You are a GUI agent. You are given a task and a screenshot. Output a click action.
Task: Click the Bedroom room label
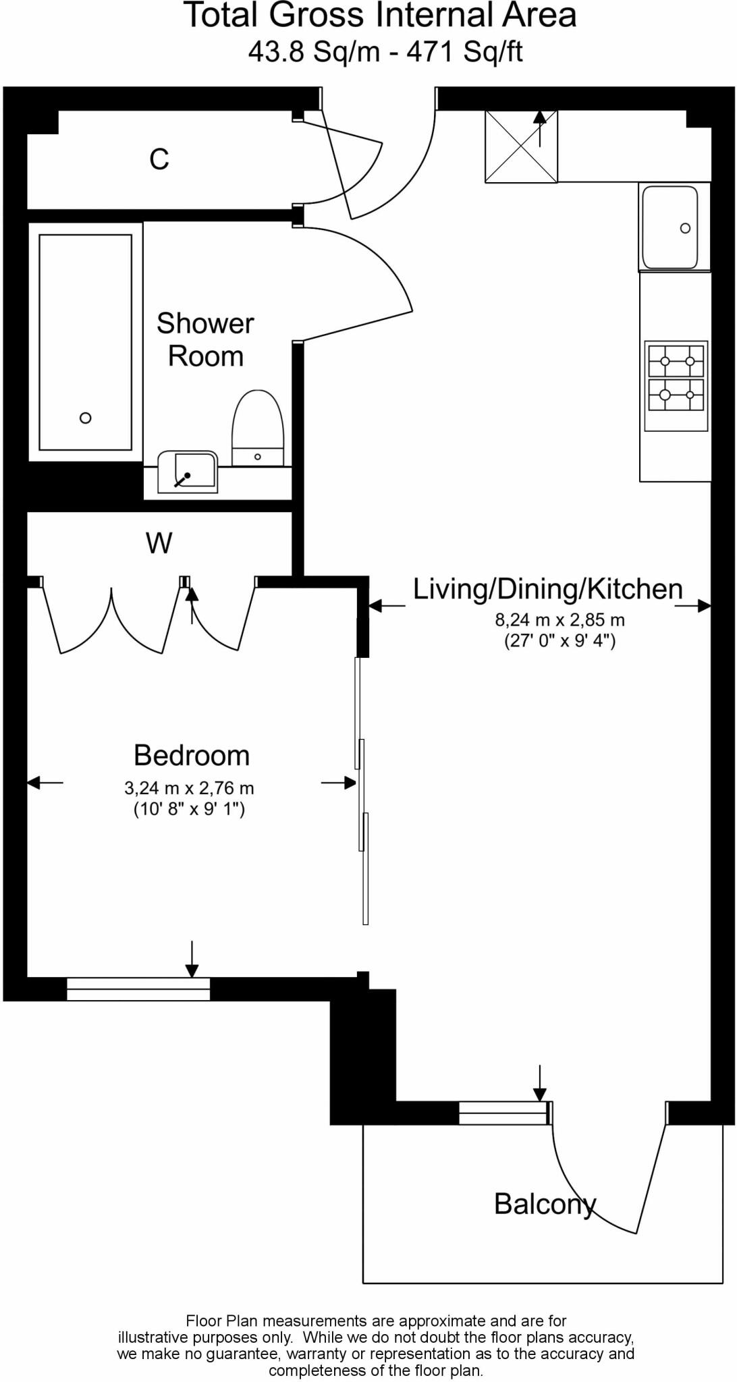[192, 755]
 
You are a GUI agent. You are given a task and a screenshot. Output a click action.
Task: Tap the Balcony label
[545, 1204]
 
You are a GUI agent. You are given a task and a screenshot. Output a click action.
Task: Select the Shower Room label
[205, 339]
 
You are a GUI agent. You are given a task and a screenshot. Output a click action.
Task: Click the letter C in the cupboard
[159, 159]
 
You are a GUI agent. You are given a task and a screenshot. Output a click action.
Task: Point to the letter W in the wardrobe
[159, 543]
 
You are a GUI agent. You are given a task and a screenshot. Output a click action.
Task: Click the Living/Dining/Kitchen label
[547, 588]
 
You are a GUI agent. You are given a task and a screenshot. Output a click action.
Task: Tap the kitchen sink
[670, 227]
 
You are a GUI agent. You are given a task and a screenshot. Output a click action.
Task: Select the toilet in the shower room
[258, 429]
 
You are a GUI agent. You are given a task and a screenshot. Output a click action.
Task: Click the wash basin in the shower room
[188, 472]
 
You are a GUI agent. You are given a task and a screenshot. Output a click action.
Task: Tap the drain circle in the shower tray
[85, 418]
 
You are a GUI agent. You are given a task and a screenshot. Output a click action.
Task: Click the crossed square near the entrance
[521, 146]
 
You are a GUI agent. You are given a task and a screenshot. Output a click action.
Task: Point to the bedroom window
[138, 989]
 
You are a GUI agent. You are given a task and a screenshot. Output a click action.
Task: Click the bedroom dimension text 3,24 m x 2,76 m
[189, 787]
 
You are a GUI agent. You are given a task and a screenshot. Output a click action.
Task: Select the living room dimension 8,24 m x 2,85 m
[559, 619]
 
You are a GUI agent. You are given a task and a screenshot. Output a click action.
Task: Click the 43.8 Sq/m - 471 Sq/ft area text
[385, 51]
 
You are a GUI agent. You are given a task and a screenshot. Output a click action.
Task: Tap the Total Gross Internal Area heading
[380, 16]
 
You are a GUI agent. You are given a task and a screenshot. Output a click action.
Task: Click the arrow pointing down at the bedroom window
[192, 961]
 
